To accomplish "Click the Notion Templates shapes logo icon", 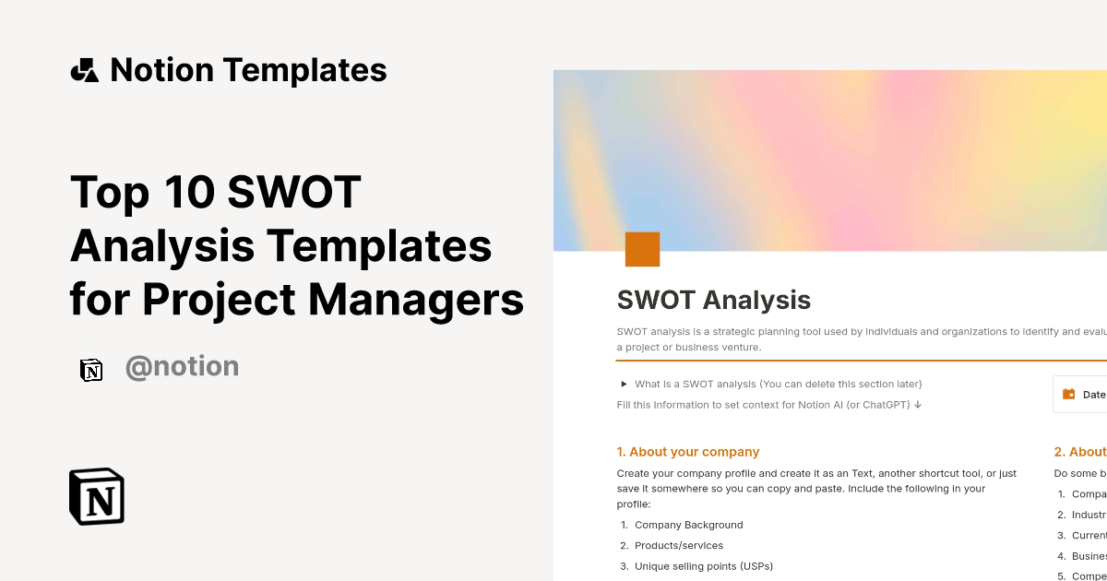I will point(84,70).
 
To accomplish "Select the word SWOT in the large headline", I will point(293,192).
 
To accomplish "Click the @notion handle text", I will point(182,367).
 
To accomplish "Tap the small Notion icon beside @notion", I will point(91,370).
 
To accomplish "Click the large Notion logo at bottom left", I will point(97,496).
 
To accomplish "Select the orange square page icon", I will point(642,249).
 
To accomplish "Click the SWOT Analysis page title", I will point(713,300).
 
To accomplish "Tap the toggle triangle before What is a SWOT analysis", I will point(625,384).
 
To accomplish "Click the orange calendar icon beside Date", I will point(1069,394).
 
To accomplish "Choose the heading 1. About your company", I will point(688,452).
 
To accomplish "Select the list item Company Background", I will point(688,525).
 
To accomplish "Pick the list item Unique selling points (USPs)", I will point(703,565).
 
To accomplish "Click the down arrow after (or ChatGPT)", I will point(918,404).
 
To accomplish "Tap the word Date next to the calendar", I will point(1094,395).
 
